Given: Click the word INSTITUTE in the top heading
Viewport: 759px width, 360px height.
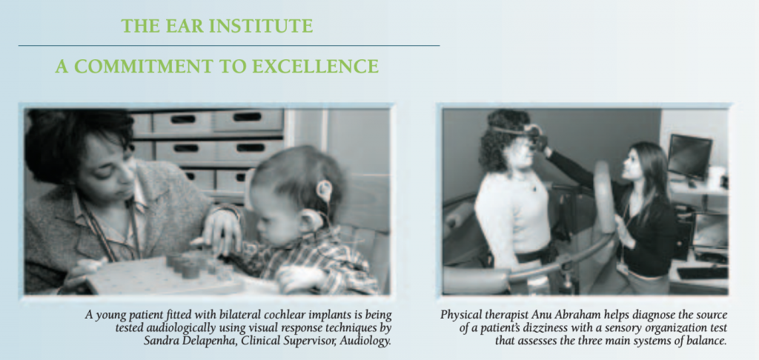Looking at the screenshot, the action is click(x=260, y=26).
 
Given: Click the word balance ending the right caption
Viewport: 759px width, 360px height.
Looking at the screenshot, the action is click(x=709, y=341).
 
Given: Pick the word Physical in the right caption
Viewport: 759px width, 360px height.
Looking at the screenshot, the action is click(x=458, y=316).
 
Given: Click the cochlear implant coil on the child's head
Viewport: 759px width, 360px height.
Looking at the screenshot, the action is click(x=323, y=190).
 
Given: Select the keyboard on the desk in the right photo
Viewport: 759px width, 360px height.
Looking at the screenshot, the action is click(x=702, y=273).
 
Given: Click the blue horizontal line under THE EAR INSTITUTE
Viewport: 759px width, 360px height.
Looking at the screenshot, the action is click(x=229, y=45).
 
